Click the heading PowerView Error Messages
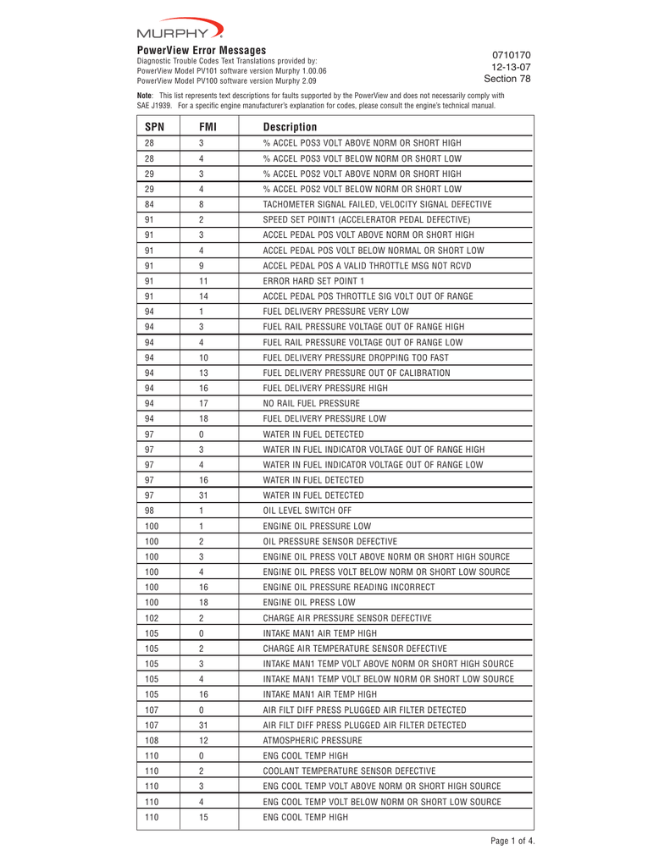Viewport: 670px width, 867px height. (202, 51)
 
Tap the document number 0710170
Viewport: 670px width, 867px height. (511, 55)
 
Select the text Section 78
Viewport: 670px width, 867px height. (507, 79)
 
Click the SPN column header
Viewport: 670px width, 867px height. (154, 127)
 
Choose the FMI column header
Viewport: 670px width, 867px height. (208, 127)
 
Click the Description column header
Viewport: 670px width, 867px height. (290, 127)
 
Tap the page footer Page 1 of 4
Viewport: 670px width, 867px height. (512, 841)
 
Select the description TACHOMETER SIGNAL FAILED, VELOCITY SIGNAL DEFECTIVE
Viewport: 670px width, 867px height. (377, 204)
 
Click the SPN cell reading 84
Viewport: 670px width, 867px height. (149, 204)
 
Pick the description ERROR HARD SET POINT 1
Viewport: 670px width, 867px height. (313, 280)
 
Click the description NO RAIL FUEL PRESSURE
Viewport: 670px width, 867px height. (311, 403)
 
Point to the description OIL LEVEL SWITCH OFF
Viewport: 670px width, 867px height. (307, 510)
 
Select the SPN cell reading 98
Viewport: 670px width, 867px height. (149, 510)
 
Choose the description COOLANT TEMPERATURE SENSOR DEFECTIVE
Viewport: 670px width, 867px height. (349, 770)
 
